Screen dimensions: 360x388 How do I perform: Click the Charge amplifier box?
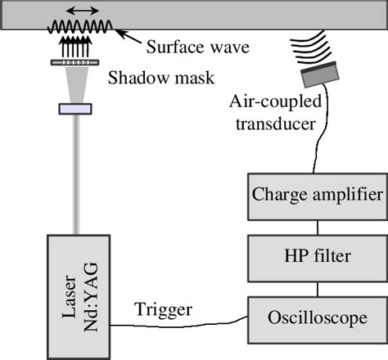point(316,196)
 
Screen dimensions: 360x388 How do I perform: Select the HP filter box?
point(316,256)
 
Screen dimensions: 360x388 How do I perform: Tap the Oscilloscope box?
point(316,316)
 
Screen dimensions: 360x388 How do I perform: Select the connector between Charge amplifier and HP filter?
point(316,226)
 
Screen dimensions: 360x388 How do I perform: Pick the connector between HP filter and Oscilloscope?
point(316,286)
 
